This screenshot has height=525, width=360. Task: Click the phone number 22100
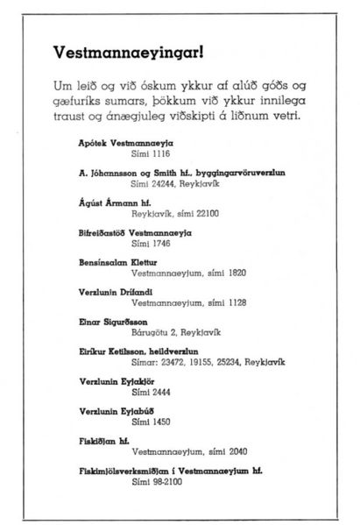tap(202, 216)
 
